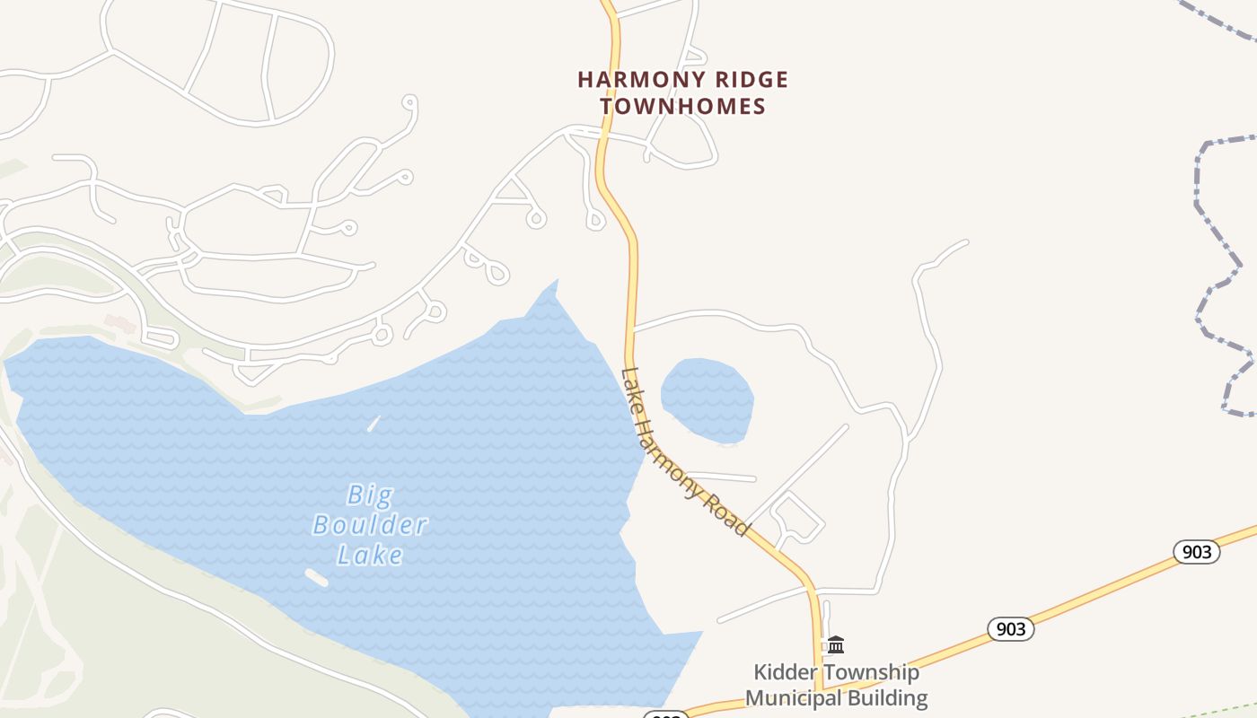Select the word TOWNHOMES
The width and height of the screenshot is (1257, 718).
[682, 106]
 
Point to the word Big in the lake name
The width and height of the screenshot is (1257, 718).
[370, 495]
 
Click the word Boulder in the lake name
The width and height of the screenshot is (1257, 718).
[370, 525]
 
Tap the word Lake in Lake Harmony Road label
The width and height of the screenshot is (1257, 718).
[633, 385]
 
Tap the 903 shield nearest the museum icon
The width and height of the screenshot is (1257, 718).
[1011, 629]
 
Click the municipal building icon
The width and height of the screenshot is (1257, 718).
[836, 644]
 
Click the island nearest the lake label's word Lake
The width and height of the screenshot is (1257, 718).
[316, 578]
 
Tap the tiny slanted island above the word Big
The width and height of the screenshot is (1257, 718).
[374, 423]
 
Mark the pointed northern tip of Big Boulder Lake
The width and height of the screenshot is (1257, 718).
[557, 282]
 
